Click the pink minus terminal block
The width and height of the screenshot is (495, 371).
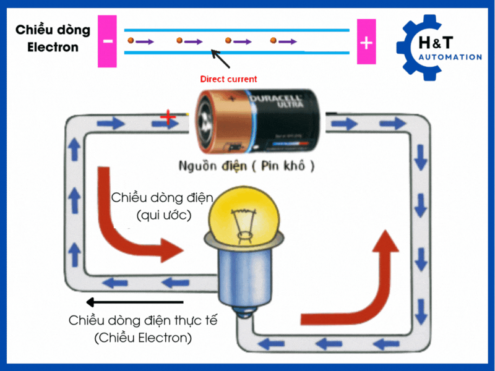[x=108, y=43]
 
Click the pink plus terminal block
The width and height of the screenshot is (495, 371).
[x=366, y=43]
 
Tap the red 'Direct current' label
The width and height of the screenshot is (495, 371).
[x=228, y=79]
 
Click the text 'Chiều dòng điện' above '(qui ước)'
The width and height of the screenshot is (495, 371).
[x=162, y=198]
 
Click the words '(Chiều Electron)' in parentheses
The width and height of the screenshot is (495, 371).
[x=143, y=338]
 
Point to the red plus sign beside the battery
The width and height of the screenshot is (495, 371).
[x=167, y=117]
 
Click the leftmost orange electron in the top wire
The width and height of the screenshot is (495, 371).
[x=131, y=41]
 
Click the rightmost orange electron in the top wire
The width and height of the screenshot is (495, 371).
[x=273, y=41]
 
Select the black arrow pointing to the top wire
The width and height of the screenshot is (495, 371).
[x=220, y=59]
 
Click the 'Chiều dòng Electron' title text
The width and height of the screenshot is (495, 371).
[x=53, y=38]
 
